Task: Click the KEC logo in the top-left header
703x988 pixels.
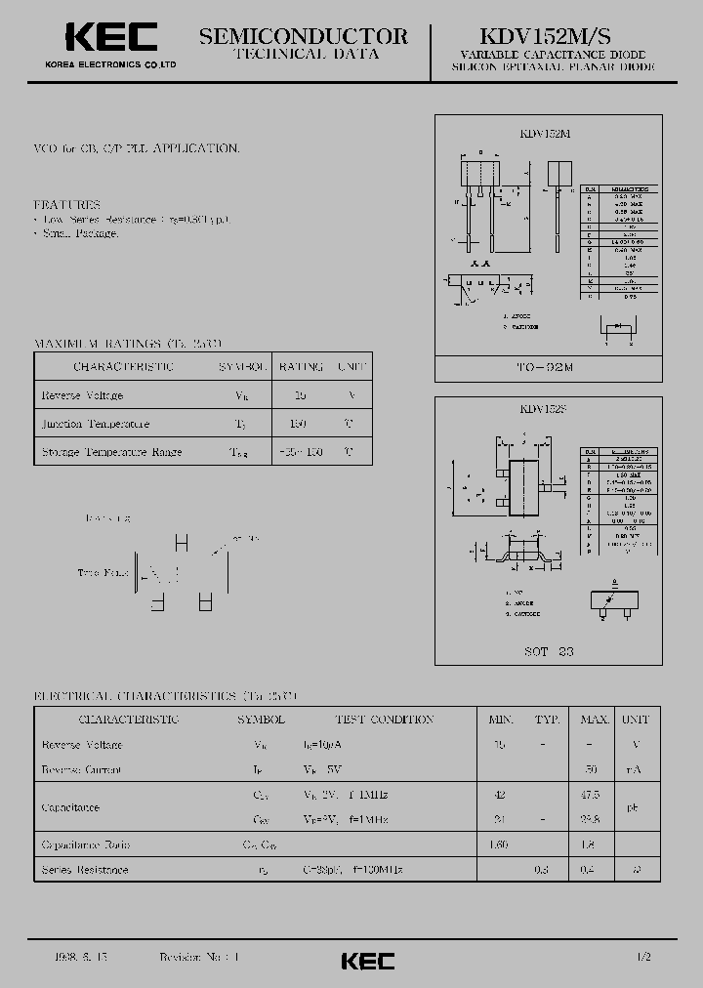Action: (110, 38)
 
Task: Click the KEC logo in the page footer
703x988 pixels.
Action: (368, 961)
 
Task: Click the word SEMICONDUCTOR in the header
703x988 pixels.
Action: (304, 36)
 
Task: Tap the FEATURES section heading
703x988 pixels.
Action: (67, 205)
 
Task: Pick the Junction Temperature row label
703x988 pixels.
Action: (96, 425)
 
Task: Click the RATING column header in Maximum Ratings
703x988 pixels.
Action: (301, 367)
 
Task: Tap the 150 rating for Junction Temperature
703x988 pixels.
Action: (299, 425)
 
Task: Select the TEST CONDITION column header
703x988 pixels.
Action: (384, 720)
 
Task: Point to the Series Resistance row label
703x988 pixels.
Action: (85, 869)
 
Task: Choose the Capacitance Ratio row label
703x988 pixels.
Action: (86, 844)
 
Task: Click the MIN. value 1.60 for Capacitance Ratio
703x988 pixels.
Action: (500, 844)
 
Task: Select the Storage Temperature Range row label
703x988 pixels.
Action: (112, 453)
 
